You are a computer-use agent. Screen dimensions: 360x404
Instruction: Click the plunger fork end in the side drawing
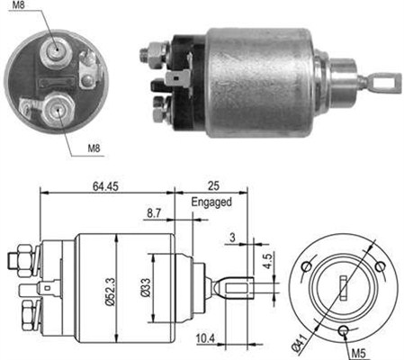(237, 288)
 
